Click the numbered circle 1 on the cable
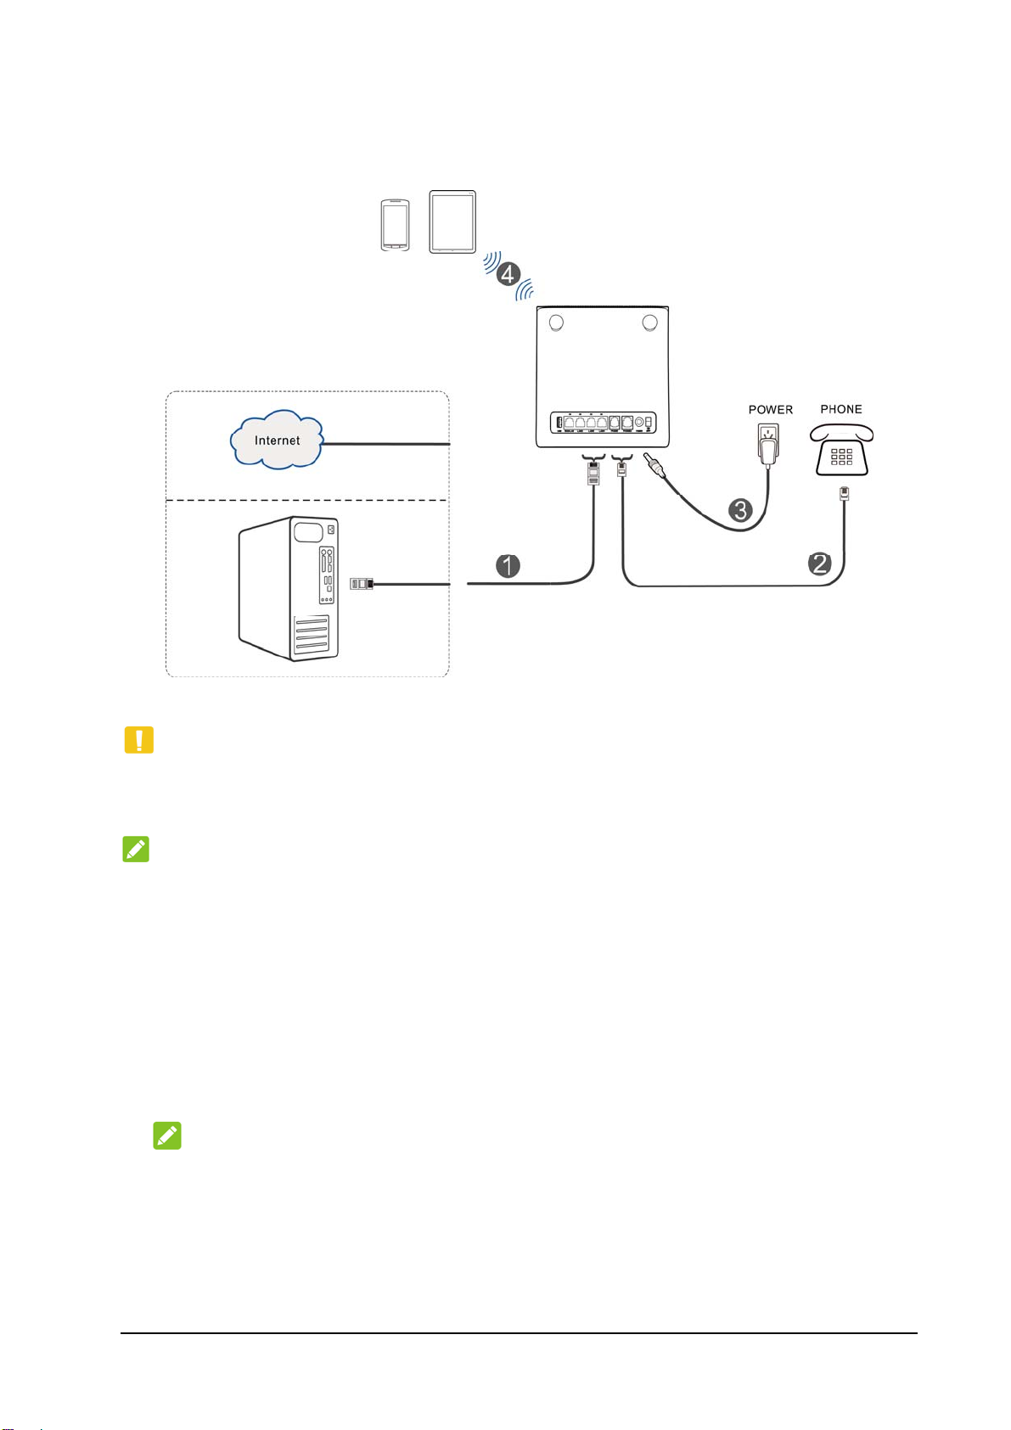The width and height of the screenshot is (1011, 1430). click(x=508, y=566)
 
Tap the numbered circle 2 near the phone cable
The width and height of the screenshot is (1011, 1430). click(x=819, y=564)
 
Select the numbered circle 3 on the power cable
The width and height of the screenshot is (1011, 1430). click(x=741, y=510)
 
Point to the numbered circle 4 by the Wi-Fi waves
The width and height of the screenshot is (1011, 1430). click(x=508, y=274)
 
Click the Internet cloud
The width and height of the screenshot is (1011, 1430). click(x=277, y=440)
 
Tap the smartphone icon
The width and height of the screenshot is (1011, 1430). click(x=395, y=226)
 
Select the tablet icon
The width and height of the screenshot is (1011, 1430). click(x=452, y=222)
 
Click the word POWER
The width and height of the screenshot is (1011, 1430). click(x=770, y=410)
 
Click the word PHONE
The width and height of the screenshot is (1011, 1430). click(x=841, y=409)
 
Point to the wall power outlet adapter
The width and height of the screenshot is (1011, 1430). click(x=769, y=443)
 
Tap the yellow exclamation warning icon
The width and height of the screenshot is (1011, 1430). click(x=139, y=740)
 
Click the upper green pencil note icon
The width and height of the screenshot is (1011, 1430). click(x=137, y=850)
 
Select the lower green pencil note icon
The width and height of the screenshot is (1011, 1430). click(x=167, y=1136)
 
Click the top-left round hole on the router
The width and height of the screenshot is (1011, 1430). click(x=556, y=323)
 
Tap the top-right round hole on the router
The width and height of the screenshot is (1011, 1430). click(x=650, y=322)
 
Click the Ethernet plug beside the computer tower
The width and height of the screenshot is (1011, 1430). click(x=362, y=584)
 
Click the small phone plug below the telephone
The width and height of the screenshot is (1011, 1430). click(x=844, y=493)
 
